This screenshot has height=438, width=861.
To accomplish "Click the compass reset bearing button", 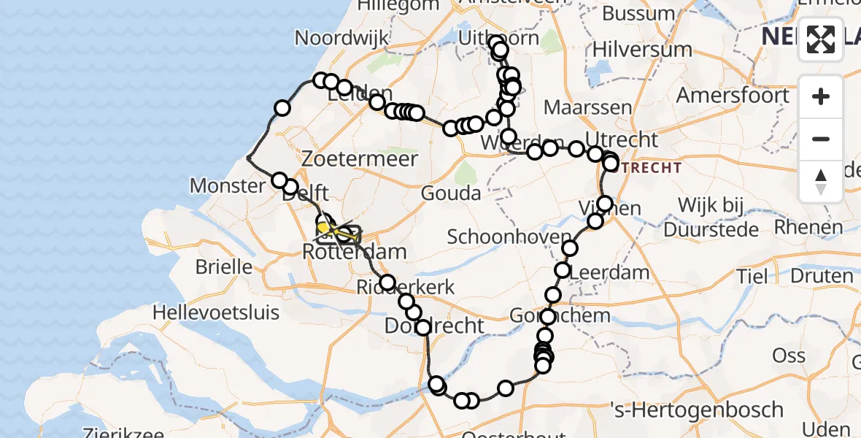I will point(821,182).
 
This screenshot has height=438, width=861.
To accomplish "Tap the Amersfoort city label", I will point(732,96).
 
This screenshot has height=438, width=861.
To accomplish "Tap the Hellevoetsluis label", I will point(216,313).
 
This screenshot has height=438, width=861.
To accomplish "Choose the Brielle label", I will point(223,267).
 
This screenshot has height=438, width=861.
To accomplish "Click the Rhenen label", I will point(808,227).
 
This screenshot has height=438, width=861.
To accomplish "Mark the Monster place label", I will point(228,185).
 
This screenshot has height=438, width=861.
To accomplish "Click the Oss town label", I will point(789,356).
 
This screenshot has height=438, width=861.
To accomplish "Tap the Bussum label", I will point(644,13).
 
